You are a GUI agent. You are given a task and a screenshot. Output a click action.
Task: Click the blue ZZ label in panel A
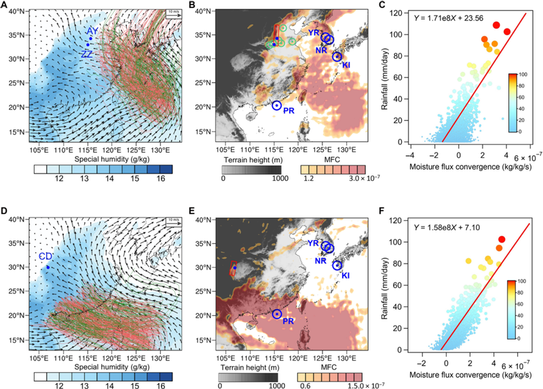click(x=87, y=54)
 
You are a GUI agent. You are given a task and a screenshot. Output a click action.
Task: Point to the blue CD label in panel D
click(x=45, y=256)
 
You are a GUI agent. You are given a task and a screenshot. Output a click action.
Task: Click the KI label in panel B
click(x=346, y=65)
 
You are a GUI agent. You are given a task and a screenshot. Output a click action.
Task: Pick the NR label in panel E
click(x=321, y=260)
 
